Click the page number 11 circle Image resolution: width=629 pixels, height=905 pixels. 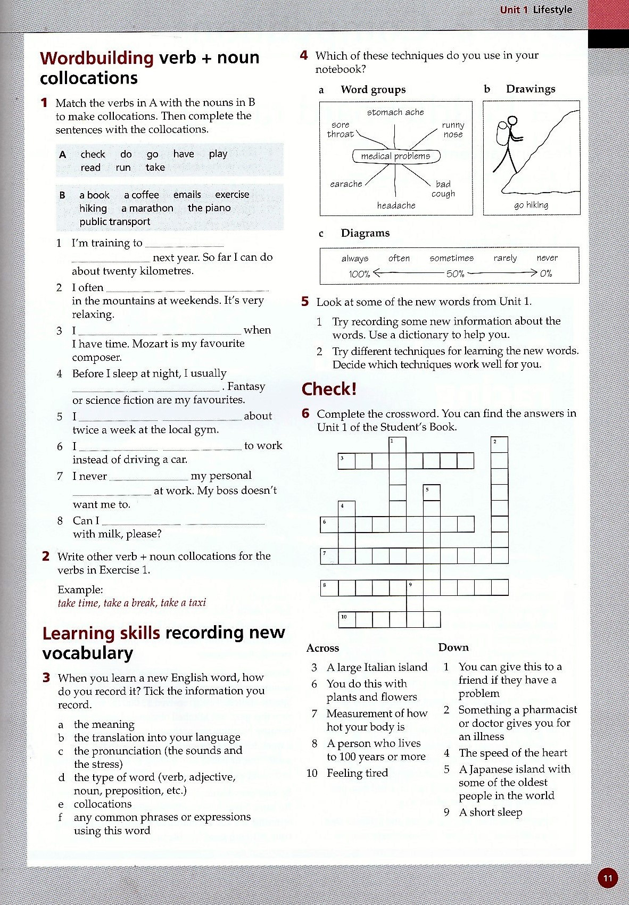[x=608, y=878]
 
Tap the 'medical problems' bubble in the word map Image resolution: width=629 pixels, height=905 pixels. [x=396, y=156]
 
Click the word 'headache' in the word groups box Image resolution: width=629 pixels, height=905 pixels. [x=396, y=205]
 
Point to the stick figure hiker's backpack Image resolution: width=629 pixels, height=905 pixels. [x=502, y=134]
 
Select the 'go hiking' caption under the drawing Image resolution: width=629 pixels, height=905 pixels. [x=531, y=205]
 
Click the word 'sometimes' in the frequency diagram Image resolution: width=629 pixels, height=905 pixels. [x=451, y=258]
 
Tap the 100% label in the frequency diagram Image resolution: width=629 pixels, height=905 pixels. [x=359, y=274]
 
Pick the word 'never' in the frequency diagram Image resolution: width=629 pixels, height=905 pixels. [x=547, y=258]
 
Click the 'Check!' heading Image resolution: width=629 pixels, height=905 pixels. [x=329, y=389]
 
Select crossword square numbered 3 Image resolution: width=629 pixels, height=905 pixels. [x=346, y=461]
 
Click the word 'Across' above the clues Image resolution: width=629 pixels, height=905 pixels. [x=322, y=648]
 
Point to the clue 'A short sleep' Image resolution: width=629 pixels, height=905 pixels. [x=490, y=812]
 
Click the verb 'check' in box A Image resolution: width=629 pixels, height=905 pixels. [x=93, y=154]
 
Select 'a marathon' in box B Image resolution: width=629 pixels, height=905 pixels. [x=147, y=208]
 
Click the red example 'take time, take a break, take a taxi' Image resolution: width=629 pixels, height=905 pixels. [x=131, y=603]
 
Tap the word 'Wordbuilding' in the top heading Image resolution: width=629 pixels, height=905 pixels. [x=96, y=57]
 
